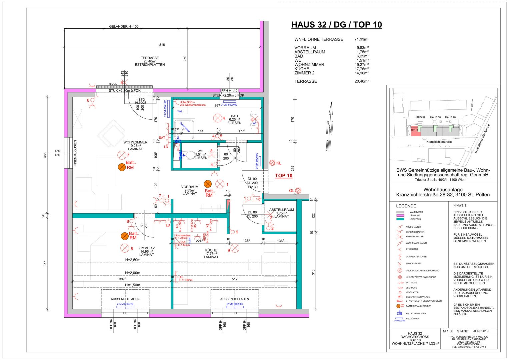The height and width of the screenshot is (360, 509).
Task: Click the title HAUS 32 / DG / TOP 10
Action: (x=336, y=25)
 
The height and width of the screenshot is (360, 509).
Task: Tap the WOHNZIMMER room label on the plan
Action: (x=135, y=142)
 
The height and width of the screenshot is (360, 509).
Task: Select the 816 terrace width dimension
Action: (x=162, y=45)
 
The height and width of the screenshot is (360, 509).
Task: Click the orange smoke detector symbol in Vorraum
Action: (x=208, y=184)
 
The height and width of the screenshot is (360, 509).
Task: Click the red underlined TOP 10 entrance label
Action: (x=284, y=176)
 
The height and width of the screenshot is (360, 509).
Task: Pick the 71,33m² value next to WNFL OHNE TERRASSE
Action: (x=361, y=39)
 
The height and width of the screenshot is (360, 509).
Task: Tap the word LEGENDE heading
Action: (x=406, y=206)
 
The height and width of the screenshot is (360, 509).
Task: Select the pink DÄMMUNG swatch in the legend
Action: (x=400, y=216)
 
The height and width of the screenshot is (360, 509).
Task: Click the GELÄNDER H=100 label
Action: (x=124, y=27)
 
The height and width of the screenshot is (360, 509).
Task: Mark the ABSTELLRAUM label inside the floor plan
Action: (x=282, y=210)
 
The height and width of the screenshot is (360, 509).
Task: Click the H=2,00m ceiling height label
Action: (x=133, y=273)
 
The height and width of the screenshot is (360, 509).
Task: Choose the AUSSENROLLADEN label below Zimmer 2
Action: (x=125, y=299)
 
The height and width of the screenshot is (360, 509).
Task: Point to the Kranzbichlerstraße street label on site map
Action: (x=439, y=142)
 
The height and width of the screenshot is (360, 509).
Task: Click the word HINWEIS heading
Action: (x=460, y=206)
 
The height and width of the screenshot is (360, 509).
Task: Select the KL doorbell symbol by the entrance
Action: (x=272, y=163)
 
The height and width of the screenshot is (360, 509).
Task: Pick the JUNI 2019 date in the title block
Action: (x=481, y=331)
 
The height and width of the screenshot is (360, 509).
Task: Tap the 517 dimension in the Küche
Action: (x=235, y=279)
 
